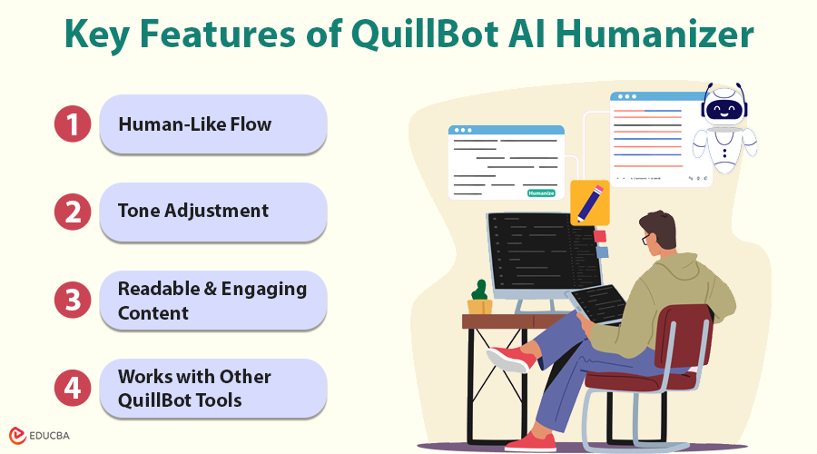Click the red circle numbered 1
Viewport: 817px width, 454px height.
click(x=73, y=124)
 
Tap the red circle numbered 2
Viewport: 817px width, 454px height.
click(x=73, y=212)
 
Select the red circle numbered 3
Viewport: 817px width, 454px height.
click(x=73, y=301)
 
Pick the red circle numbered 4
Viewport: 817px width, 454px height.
click(x=73, y=389)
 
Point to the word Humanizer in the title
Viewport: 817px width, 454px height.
click(x=655, y=35)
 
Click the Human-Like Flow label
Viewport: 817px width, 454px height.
click(x=195, y=124)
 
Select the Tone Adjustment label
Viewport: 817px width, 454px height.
click(x=193, y=211)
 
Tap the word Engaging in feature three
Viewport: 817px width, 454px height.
click(x=263, y=290)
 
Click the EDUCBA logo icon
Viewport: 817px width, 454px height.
click(x=17, y=436)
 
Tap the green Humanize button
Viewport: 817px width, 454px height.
click(x=541, y=192)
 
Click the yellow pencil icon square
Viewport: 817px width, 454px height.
click(x=590, y=202)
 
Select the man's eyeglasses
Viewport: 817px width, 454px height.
click(x=647, y=239)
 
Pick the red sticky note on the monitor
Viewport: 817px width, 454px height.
click(x=600, y=236)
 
